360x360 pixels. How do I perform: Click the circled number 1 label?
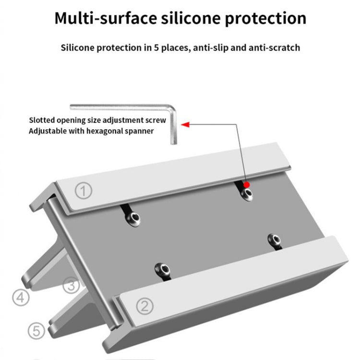pyautogui.click(x=84, y=192)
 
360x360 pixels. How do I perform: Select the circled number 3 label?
pyautogui.click(x=72, y=286)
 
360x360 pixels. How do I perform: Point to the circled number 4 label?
pyautogui.click(x=21, y=299)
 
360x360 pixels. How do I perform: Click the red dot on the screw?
pyautogui.click(x=246, y=184)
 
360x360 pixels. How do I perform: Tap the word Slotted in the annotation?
pyautogui.click(x=41, y=120)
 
